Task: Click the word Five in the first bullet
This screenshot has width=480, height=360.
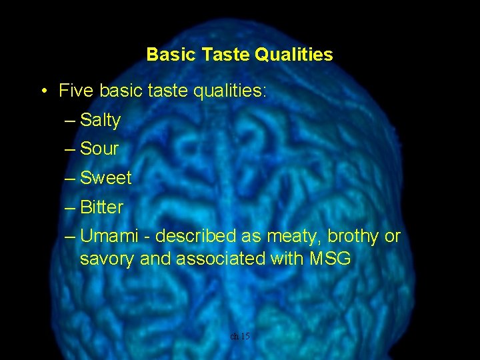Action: tap(75, 91)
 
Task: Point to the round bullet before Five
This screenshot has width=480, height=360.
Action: tap(43, 91)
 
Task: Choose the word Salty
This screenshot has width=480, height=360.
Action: tap(100, 121)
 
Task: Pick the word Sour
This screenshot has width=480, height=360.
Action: tap(99, 149)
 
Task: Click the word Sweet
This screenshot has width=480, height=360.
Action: tap(106, 178)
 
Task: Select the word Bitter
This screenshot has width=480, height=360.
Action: tap(101, 207)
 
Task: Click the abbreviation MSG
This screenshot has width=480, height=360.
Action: tap(330, 259)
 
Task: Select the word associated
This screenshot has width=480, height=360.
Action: tap(220, 259)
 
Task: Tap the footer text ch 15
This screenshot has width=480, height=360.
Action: tap(240, 337)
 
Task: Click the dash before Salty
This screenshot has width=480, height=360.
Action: tap(71, 121)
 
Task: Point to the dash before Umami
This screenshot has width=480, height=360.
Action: tap(71, 237)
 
